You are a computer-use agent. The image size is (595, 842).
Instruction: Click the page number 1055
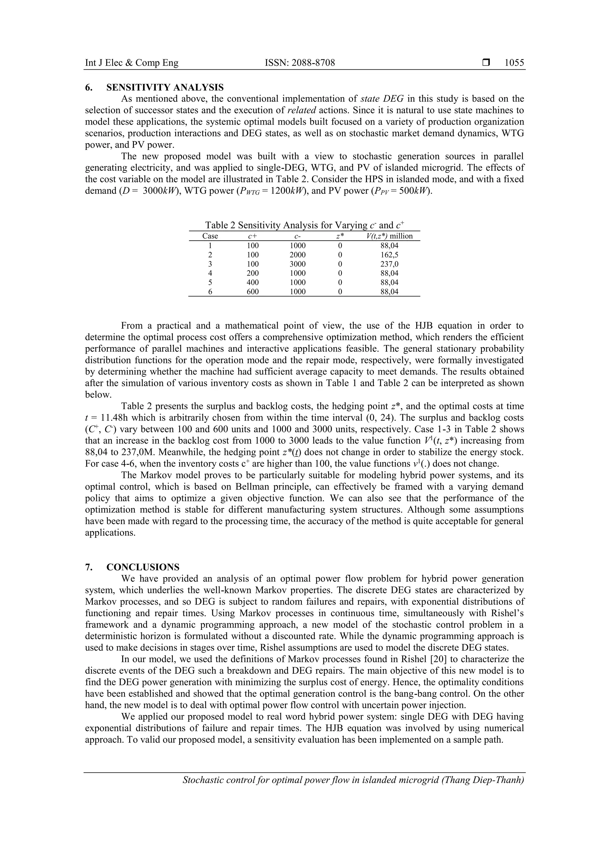point(514,63)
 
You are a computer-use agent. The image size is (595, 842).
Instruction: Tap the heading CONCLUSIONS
point(143,567)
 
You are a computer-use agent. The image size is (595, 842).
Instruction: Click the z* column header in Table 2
point(340,236)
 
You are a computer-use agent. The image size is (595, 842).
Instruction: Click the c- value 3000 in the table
point(297,264)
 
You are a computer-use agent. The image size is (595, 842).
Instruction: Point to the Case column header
point(210,236)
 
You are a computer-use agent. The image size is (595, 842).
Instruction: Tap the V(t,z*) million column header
point(389,236)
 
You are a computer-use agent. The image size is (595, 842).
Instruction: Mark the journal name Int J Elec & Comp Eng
point(132,63)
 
